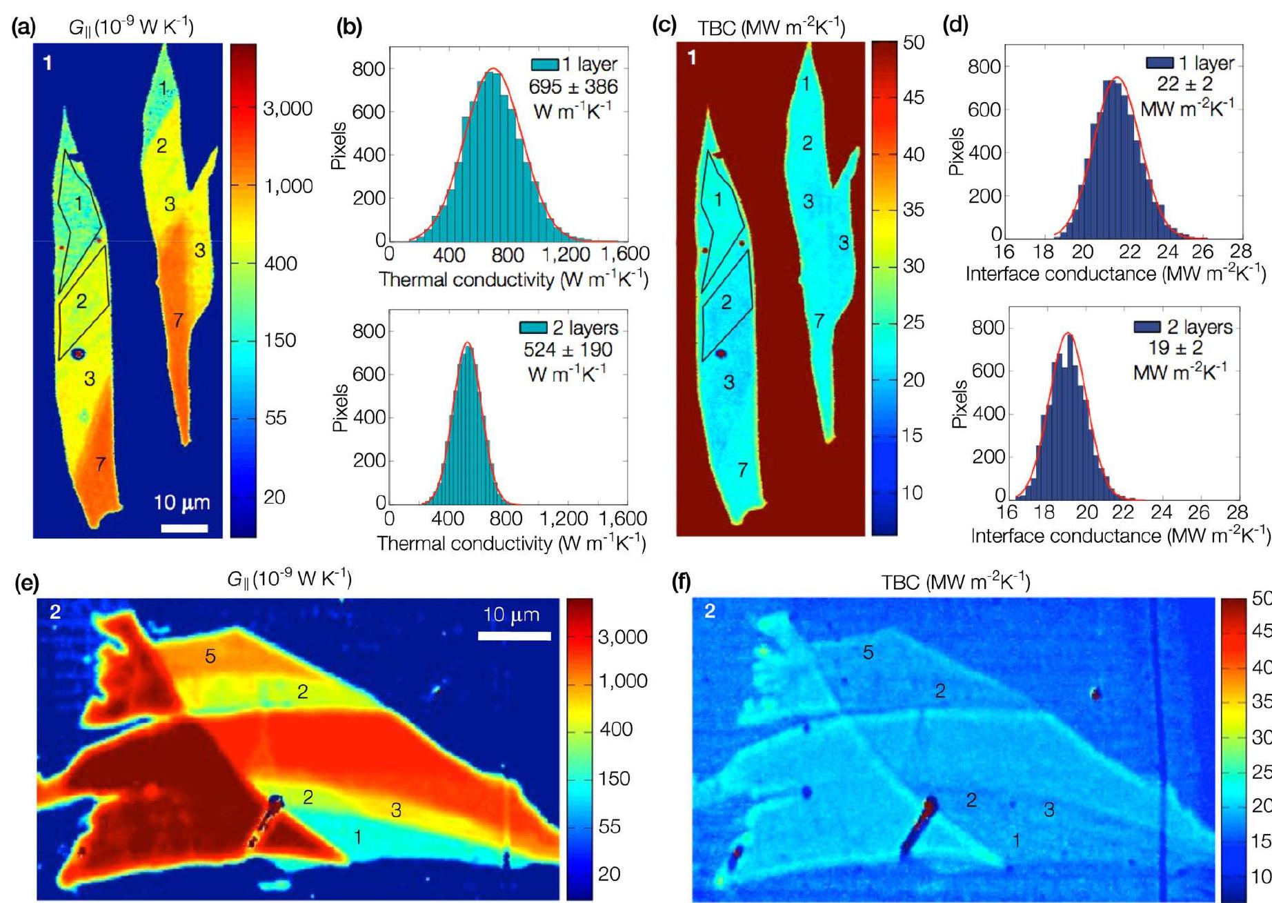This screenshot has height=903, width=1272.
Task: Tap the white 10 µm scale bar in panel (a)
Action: coord(184,528)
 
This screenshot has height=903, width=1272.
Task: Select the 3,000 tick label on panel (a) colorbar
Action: coord(288,109)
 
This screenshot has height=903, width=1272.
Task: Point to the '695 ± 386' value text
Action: coord(573,87)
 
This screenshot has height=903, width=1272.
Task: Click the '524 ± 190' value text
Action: coord(567,350)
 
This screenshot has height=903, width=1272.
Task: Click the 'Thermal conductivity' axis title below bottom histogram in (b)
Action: coord(510,544)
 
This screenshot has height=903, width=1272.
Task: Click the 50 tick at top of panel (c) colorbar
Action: coord(913,43)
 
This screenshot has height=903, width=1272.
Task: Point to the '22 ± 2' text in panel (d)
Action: coord(1184,84)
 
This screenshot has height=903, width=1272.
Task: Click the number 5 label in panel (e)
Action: coord(210,656)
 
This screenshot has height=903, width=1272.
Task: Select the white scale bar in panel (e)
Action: coord(514,636)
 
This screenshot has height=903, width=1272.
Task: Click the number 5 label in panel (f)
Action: coord(868,652)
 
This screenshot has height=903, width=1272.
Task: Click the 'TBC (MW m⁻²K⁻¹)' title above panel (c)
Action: coord(771,28)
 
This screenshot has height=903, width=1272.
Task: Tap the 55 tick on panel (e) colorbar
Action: coord(609,826)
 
